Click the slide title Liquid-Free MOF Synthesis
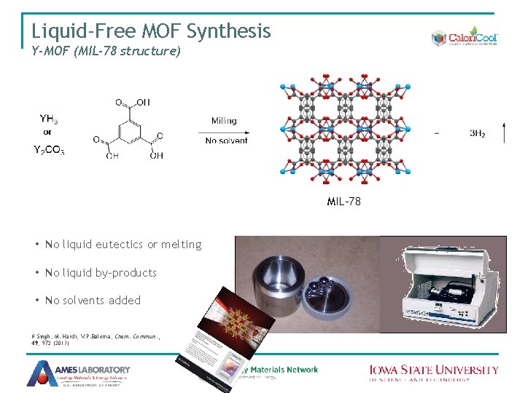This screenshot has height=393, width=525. (x=151, y=31)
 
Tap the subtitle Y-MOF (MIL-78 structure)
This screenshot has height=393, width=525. (x=106, y=52)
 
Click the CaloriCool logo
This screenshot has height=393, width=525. (x=464, y=39)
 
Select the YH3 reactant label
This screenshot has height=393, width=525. (x=50, y=119)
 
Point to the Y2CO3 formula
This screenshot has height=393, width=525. (x=48, y=151)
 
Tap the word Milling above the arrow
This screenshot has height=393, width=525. (x=224, y=121)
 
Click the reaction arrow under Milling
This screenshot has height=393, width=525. (x=222, y=132)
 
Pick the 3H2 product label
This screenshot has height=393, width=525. (x=478, y=134)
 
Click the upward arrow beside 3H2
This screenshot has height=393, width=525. (x=503, y=133)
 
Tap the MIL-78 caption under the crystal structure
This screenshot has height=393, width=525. (x=343, y=202)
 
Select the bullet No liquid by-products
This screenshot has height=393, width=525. (x=101, y=273)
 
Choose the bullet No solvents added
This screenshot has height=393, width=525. (x=93, y=301)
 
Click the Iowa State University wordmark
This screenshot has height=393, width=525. (x=433, y=372)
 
